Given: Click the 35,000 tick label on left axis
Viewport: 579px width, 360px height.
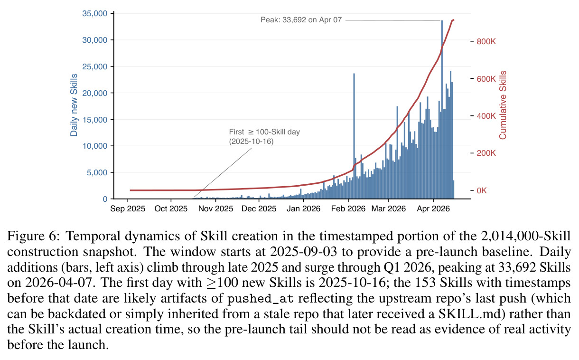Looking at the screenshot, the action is pyautogui.click(x=94, y=13).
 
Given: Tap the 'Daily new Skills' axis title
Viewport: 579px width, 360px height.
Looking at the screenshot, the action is pyautogui.click(x=74, y=105).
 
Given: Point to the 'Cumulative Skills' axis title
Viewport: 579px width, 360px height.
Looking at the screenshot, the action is pyautogui.click(x=503, y=105).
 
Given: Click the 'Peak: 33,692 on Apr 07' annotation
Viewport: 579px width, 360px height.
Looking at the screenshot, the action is pyautogui.click(x=301, y=20).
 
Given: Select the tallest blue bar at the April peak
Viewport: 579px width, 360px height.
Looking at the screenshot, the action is pyautogui.click(x=442, y=110).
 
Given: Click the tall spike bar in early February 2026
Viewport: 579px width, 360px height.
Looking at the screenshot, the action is pyautogui.click(x=354, y=136).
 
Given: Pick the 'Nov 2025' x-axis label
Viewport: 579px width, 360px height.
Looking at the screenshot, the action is pyautogui.click(x=215, y=208).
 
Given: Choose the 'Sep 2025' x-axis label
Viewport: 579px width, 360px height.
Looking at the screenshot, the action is pyautogui.click(x=128, y=208).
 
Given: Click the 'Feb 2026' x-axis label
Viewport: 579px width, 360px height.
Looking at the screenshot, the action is pyautogui.click(x=348, y=208).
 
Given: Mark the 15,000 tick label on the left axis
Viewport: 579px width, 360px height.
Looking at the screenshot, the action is pyautogui.click(x=94, y=120).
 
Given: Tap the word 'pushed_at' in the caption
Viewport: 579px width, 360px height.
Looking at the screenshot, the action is pyautogui.click(x=260, y=298).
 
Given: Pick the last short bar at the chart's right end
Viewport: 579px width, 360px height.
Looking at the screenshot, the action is pyautogui.click(x=453, y=189).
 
